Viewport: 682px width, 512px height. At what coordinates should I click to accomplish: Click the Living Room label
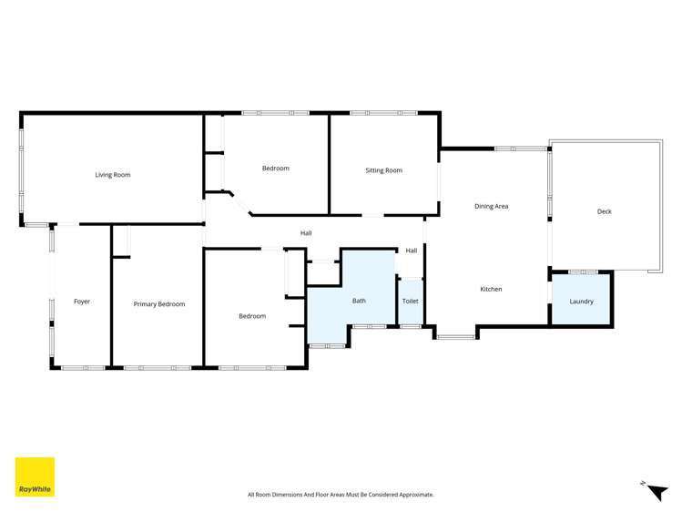(x=113, y=175)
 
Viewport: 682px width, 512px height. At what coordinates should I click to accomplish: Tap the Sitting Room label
(x=383, y=170)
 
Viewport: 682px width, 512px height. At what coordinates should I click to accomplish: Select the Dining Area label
(x=491, y=207)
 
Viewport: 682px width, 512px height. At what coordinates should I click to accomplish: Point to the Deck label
(x=604, y=211)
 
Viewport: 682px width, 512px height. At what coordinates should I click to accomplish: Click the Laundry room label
(x=581, y=302)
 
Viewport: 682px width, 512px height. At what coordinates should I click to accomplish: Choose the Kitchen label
(x=491, y=290)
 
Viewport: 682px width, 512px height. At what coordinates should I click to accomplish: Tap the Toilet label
(x=410, y=301)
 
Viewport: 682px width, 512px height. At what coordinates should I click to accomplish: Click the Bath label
(x=359, y=301)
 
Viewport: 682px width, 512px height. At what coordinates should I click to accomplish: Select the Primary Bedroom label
(x=159, y=304)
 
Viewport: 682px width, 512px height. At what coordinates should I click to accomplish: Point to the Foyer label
(x=82, y=302)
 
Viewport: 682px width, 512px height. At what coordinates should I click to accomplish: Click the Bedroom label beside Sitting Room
(x=275, y=169)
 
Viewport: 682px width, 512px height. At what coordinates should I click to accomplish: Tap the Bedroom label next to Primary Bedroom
(x=252, y=316)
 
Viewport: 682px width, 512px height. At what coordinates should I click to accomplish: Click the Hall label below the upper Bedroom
(x=306, y=233)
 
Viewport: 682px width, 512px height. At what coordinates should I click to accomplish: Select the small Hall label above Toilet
(x=412, y=251)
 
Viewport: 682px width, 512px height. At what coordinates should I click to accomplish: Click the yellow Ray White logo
(x=35, y=476)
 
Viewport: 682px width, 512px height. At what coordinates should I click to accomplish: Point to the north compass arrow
(x=657, y=492)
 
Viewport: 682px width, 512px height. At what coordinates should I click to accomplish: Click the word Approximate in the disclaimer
(x=415, y=495)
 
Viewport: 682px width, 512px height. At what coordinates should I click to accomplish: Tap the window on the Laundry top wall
(x=582, y=271)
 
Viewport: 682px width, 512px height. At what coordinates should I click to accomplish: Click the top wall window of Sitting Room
(x=383, y=113)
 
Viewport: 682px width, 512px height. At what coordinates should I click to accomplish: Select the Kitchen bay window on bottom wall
(x=455, y=337)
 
